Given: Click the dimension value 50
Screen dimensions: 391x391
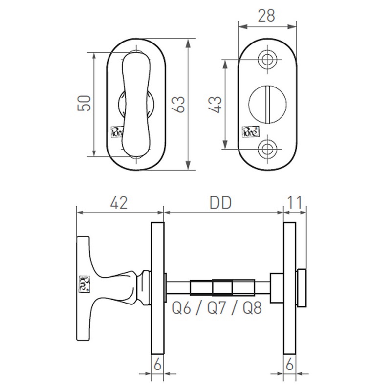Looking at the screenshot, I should click(85, 104).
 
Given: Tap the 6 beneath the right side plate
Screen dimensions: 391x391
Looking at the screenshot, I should click(290, 365).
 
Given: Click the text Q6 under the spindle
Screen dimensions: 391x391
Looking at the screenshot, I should click(182, 309).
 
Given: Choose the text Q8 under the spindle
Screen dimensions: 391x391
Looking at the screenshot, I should click(252, 309).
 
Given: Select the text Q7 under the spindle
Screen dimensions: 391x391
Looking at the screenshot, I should click(217, 309).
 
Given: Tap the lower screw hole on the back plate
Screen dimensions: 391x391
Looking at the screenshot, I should click(267, 148).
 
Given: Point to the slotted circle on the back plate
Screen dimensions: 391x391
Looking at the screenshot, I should click(267, 104).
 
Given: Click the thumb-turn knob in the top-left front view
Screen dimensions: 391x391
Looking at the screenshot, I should click(136, 104).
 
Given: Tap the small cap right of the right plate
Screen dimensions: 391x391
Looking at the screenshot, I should click(301, 287).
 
